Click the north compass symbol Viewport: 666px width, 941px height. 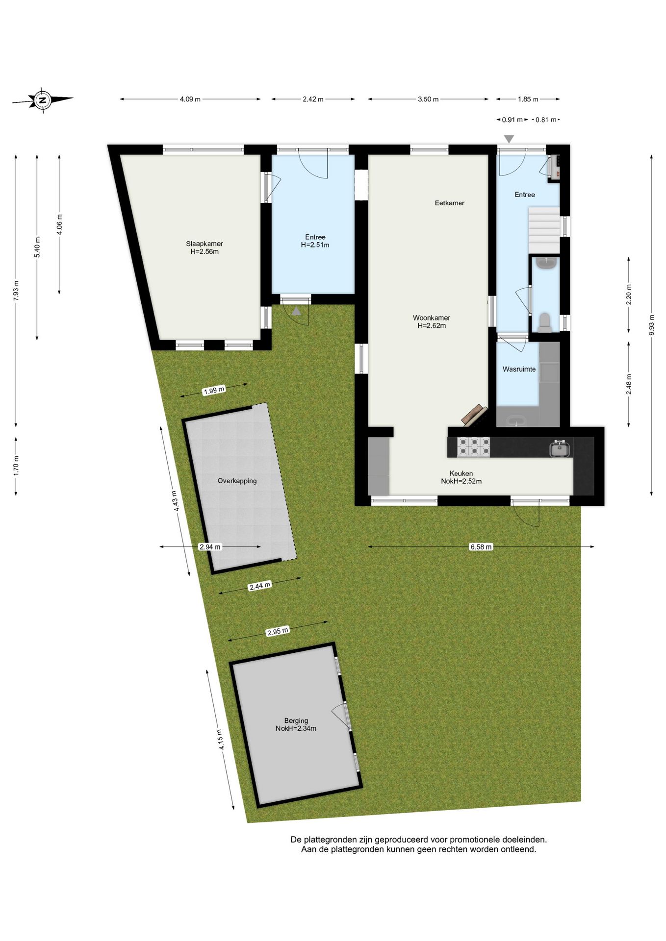pyautogui.click(x=43, y=100)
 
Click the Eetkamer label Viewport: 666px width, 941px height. pyautogui.click(x=449, y=203)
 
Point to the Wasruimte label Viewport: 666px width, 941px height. pyautogui.click(x=519, y=369)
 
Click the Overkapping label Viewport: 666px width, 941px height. pyautogui.click(x=237, y=481)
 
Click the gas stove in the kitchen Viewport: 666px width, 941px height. pyautogui.click(x=473, y=447)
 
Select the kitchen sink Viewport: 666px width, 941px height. pyautogui.click(x=559, y=448)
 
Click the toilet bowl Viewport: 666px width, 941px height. pyautogui.click(x=544, y=322)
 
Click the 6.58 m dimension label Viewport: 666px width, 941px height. pyautogui.click(x=481, y=547)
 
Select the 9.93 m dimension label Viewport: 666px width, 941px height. pyautogui.click(x=652, y=324)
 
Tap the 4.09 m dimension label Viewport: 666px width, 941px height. pyautogui.click(x=190, y=99)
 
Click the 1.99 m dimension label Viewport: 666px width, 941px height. pyautogui.click(x=214, y=391)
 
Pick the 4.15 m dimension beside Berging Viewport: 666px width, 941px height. pyautogui.click(x=221, y=740)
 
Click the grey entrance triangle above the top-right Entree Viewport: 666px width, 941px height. pyautogui.click(x=509, y=139)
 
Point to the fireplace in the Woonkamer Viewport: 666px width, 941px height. pyautogui.click(x=475, y=415)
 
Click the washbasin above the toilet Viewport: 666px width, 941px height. pyautogui.click(x=545, y=264)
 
